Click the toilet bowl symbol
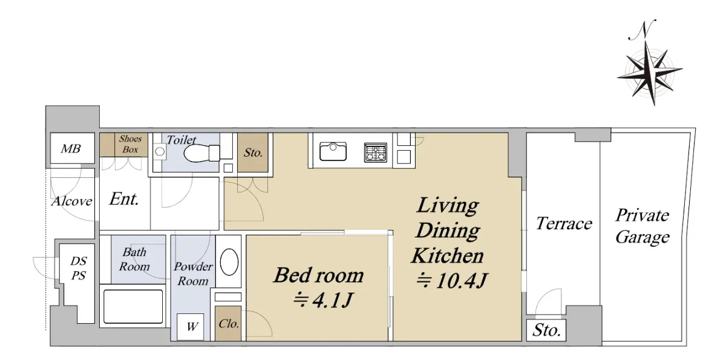[201, 153]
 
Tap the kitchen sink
[333, 151]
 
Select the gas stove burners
[376, 152]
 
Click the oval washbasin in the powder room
[229, 262]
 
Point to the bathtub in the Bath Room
[133, 306]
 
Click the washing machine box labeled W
[190, 327]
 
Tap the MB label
[71, 149]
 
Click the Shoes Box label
[130, 144]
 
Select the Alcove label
[72, 201]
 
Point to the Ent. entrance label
[124, 198]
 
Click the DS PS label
[79, 268]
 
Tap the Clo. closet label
[229, 323]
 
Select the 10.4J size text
[451, 280]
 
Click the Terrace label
[564, 223]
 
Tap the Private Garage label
[643, 226]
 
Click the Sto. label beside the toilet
[253, 152]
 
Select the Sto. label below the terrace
[546, 330]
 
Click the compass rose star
[650, 74]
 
